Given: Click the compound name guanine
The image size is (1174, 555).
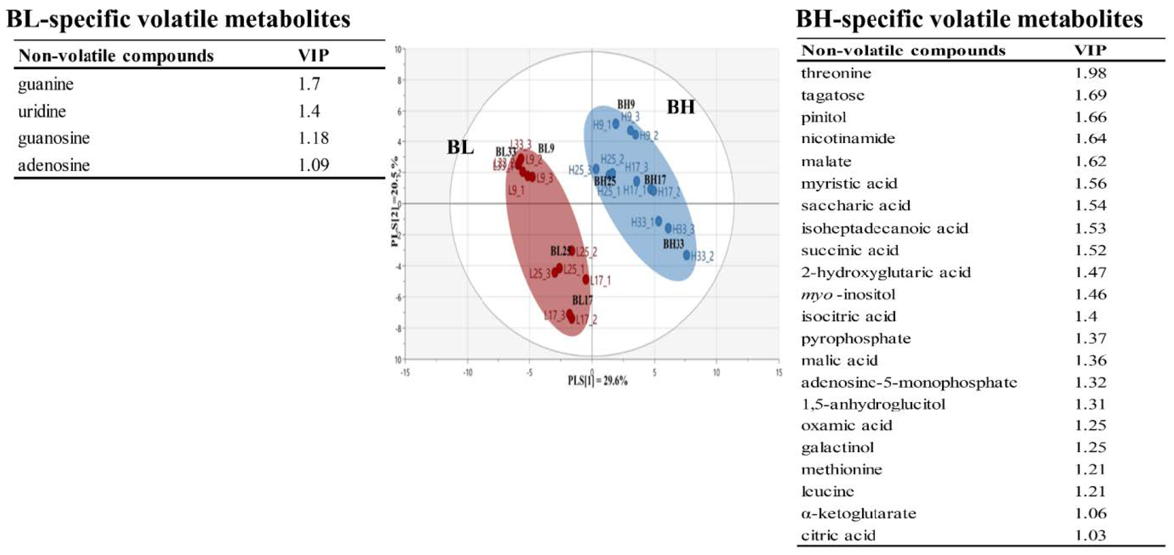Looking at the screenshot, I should click(x=45, y=85).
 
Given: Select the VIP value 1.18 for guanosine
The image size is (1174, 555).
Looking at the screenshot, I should click(x=313, y=138).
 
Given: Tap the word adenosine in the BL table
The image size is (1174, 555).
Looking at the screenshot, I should click(x=54, y=165).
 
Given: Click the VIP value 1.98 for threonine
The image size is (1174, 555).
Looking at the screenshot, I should click(x=1090, y=73).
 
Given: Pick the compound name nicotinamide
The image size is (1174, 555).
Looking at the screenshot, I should click(x=848, y=138).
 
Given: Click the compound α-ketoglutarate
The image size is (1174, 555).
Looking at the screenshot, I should click(x=859, y=514).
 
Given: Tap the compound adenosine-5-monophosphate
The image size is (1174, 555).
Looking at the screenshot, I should click(x=909, y=382).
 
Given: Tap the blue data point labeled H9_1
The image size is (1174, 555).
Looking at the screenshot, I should click(x=616, y=124).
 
